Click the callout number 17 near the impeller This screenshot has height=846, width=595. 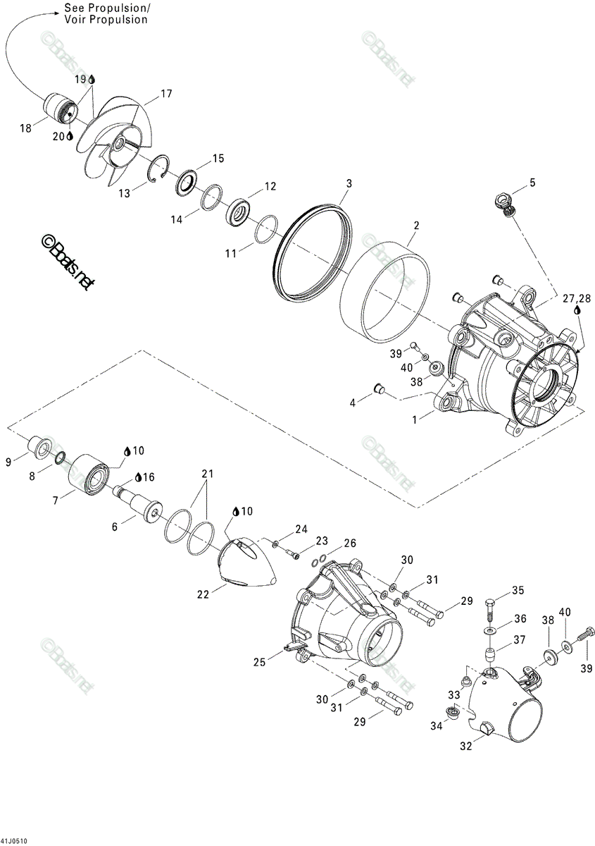pos(166,94)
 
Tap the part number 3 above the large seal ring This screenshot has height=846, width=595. pos(349,183)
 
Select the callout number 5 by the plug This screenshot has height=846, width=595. pos(532,183)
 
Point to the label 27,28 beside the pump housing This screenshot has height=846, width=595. pos(577,299)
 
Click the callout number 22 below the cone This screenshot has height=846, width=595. pos(203,594)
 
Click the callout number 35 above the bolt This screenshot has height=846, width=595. pos(518,590)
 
